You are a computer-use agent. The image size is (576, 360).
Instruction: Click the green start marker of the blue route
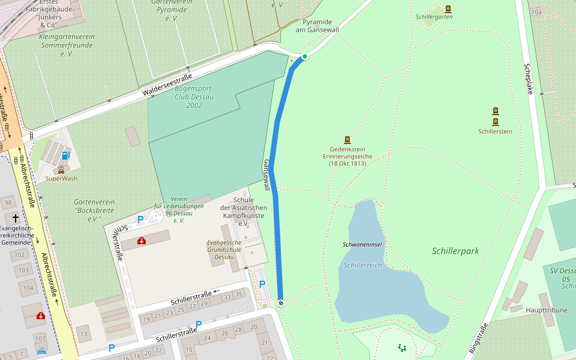click(x=305, y=56)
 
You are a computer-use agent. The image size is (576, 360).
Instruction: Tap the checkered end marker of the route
click(x=280, y=302)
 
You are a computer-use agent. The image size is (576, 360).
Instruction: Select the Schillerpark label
click(x=455, y=251)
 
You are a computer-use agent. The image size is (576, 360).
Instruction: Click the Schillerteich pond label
click(x=362, y=265)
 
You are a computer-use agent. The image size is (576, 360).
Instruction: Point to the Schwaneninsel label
click(x=362, y=244)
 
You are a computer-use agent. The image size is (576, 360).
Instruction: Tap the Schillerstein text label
click(x=495, y=131)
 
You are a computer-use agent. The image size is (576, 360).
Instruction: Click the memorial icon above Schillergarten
click(x=448, y=9)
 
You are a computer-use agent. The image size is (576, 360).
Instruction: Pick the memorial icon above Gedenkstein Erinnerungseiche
click(x=347, y=139)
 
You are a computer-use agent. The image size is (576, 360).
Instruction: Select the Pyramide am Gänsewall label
click(x=317, y=26)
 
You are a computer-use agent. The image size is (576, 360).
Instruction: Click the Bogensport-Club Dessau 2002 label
click(x=194, y=97)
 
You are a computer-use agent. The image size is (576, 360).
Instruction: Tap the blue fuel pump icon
click(x=65, y=156)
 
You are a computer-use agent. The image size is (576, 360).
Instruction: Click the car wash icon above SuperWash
click(x=61, y=169)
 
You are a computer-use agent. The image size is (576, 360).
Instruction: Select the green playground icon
click(x=401, y=347)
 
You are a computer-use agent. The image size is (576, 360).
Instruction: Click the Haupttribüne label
click(x=529, y=310)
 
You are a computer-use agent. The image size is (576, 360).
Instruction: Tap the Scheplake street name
click(x=529, y=78)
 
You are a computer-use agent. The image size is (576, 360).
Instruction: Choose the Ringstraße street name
click(x=479, y=337)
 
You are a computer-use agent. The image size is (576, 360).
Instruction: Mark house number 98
click(x=8, y=203)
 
